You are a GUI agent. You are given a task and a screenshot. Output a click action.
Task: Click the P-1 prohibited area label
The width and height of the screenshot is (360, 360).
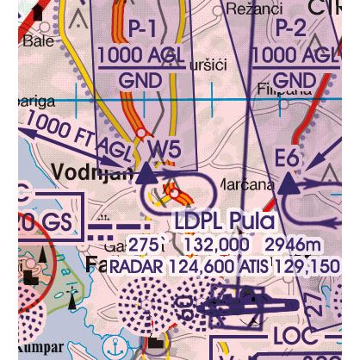click(142, 29)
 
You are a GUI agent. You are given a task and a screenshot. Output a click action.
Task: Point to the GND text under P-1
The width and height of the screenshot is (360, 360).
click(141, 82)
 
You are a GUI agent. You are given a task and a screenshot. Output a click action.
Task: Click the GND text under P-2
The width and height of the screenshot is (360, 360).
click(293, 81)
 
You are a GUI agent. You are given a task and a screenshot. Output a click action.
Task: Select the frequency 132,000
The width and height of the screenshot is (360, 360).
click(207, 245)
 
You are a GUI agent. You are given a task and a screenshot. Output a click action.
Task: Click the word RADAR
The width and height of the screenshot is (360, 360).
click(135, 266)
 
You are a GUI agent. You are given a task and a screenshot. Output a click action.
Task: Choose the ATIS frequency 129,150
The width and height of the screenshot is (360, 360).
click(306, 266)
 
